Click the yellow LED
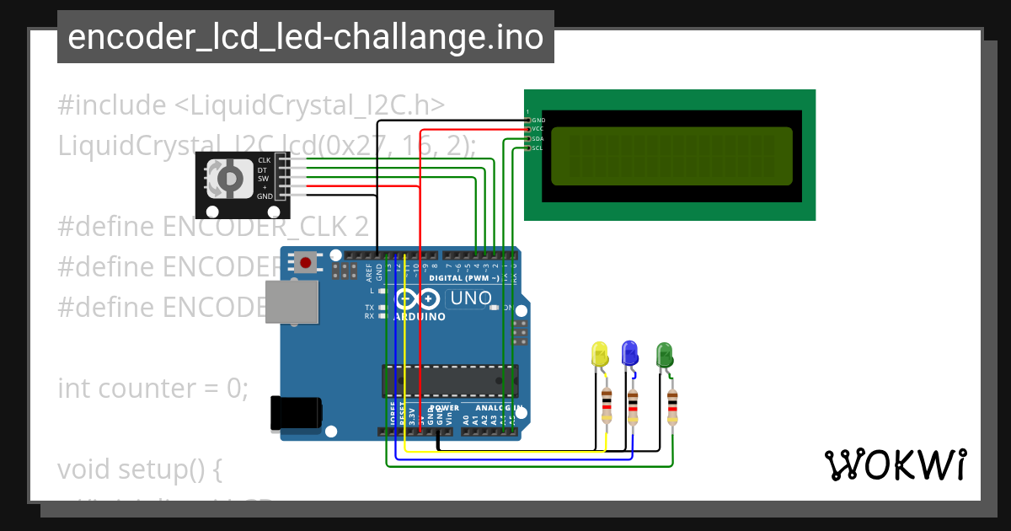point(600,354)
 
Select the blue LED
point(629,352)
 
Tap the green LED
point(664,354)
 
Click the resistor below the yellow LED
point(606,406)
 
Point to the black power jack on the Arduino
point(295,412)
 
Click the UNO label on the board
point(470,298)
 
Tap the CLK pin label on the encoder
point(265,160)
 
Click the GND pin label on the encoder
point(265,196)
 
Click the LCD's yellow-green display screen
point(671,156)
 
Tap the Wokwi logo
point(895,464)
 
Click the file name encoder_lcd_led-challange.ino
point(305,37)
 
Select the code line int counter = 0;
point(153,389)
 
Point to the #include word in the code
point(112,105)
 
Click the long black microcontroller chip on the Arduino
point(450,380)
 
